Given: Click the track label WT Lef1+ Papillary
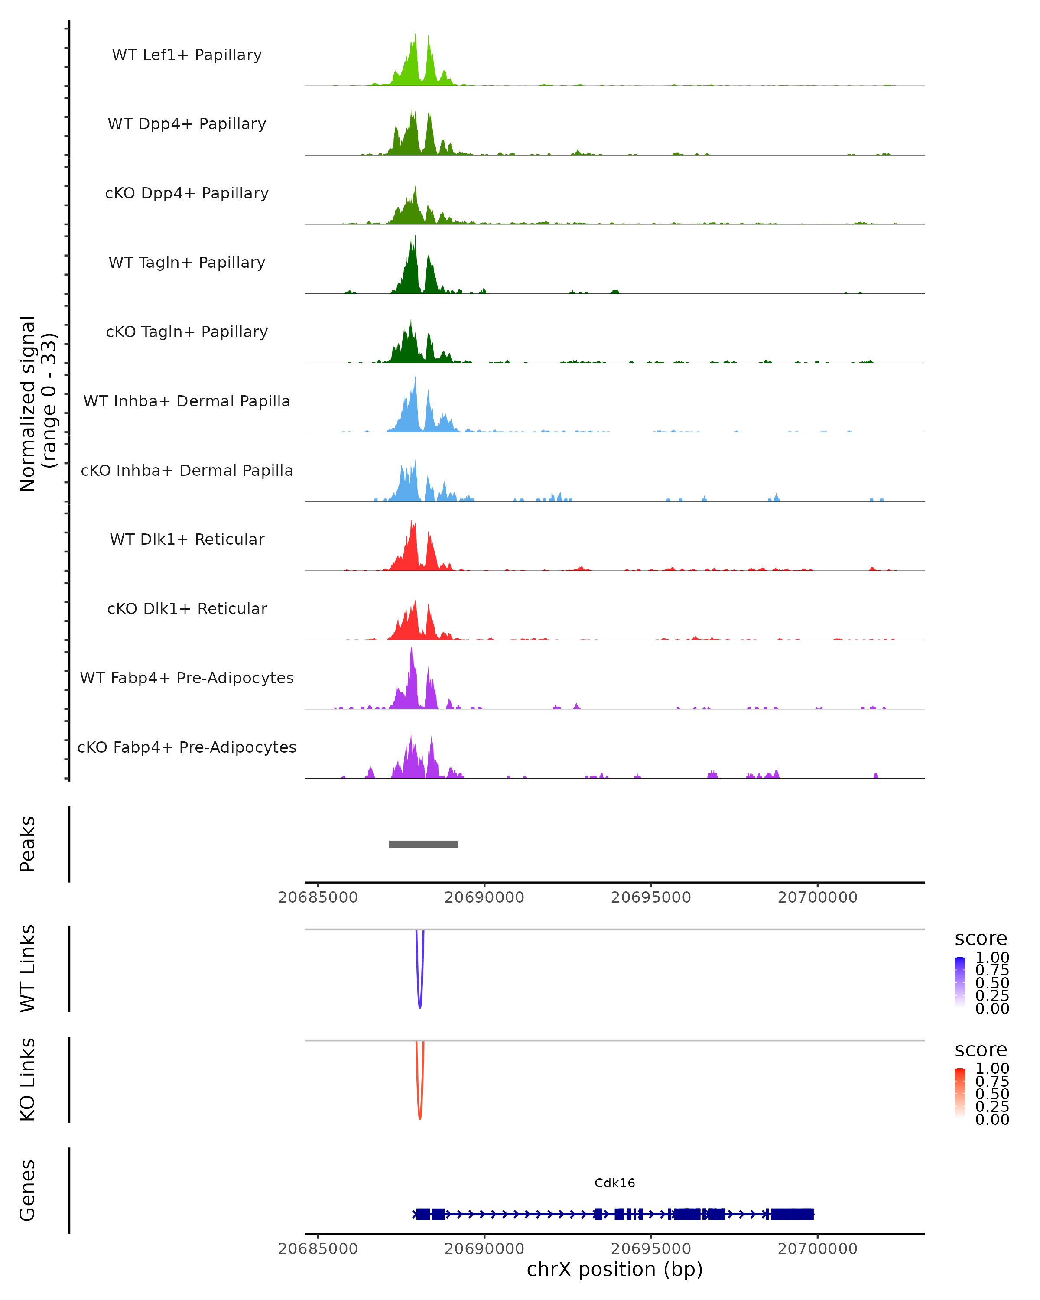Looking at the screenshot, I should coord(187,55).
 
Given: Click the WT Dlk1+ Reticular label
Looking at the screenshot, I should coord(187,539).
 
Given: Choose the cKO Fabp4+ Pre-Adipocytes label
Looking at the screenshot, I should coord(187,747).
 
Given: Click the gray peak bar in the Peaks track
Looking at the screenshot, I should coord(423,844).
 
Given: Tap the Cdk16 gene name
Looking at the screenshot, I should coord(614,1183).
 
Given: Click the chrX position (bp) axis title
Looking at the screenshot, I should coord(614,1269).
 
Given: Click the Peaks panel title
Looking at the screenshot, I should coord(28,844).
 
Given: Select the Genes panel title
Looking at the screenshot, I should coord(28,1190).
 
